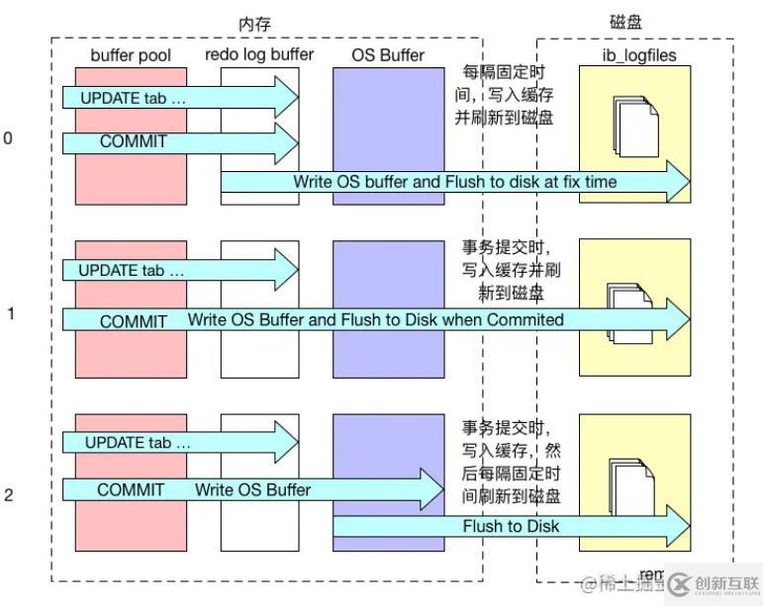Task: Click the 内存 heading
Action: tap(254, 23)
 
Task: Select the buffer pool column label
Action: tap(131, 55)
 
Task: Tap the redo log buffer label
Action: tap(259, 55)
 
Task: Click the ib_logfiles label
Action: tap(638, 55)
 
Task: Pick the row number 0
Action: tap(9, 138)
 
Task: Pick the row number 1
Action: tap(11, 313)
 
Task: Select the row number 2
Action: tap(9, 494)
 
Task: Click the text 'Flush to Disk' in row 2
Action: tap(511, 526)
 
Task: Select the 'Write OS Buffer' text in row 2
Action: tap(252, 489)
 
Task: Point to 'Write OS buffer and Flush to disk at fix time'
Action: tap(454, 182)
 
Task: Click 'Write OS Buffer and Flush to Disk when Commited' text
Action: tap(375, 319)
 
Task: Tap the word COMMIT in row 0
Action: tap(134, 141)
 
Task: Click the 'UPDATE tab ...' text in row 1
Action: tap(132, 269)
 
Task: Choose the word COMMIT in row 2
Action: tap(131, 489)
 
